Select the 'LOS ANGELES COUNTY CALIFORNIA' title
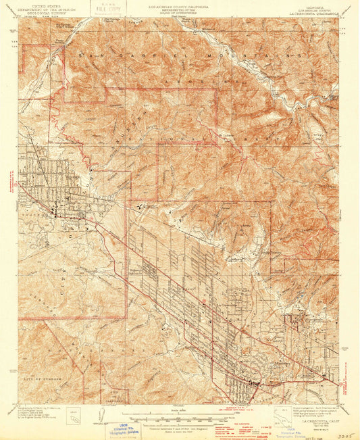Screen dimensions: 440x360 tap(178, 4)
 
